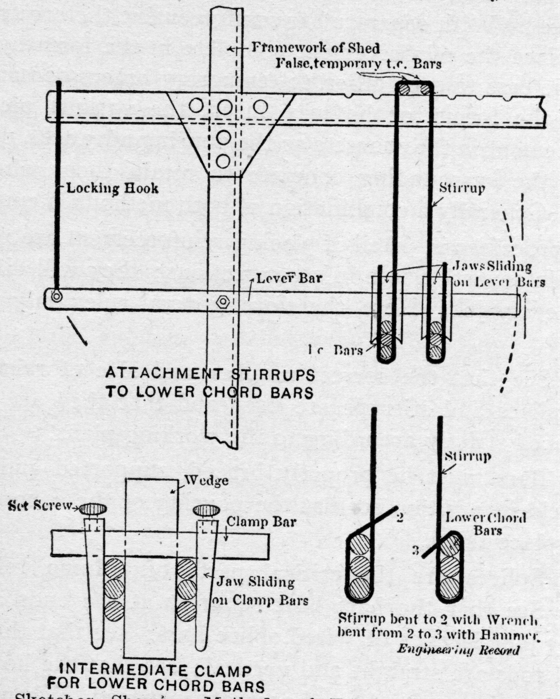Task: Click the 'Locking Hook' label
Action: pyautogui.click(x=112, y=188)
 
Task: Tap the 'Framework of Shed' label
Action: pyautogui.click(x=315, y=48)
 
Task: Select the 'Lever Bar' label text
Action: pyautogui.click(x=289, y=279)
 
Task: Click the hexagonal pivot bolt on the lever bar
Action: pyautogui.click(x=223, y=302)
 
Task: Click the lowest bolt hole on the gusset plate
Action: pyautogui.click(x=223, y=161)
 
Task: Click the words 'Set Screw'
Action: pyautogui.click(x=40, y=506)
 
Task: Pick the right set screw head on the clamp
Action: pyautogui.click(x=207, y=511)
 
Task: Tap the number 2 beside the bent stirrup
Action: pyautogui.click(x=400, y=518)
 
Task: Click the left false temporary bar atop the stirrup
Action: pyautogui.click(x=404, y=89)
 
